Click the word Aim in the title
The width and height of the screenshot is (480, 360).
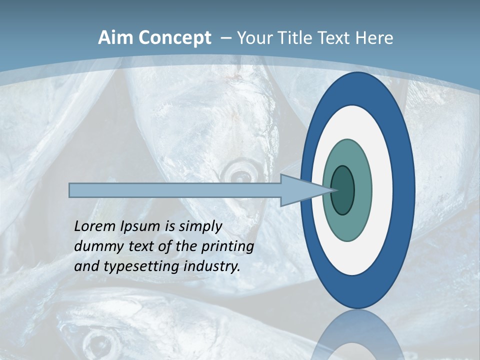(x=115, y=38)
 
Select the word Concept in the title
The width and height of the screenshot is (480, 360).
(x=174, y=38)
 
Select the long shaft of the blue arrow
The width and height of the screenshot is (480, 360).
(x=175, y=190)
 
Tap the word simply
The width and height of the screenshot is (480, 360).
(x=200, y=226)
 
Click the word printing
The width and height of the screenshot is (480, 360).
(x=228, y=246)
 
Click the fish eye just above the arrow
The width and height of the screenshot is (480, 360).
(x=238, y=174)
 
